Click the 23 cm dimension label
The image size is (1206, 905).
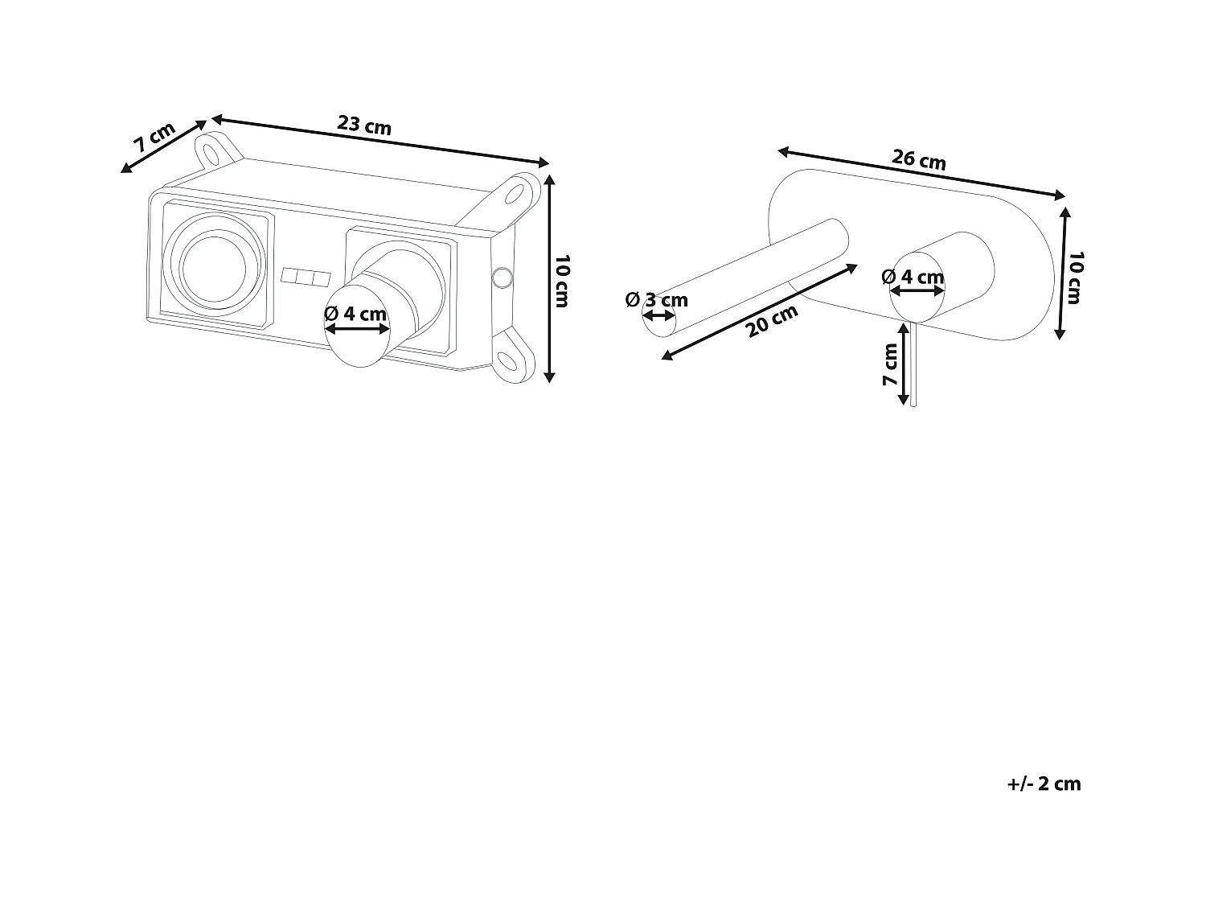click(x=364, y=125)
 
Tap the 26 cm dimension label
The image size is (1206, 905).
click(x=918, y=159)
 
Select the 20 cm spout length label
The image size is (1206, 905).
click(x=772, y=321)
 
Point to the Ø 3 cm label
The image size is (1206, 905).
click(x=657, y=300)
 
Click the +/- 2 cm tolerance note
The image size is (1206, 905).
click(x=1044, y=784)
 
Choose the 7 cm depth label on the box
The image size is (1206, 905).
click(x=154, y=138)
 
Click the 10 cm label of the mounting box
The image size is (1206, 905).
click(x=562, y=281)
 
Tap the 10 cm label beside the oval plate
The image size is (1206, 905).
click(x=1074, y=277)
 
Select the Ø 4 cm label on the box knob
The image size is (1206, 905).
click(x=355, y=314)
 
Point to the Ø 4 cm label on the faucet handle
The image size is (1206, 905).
click(x=913, y=277)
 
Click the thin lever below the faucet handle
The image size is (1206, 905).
click(x=912, y=362)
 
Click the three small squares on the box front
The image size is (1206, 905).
click(x=306, y=277)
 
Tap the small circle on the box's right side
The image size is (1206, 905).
click(x=503, y=278)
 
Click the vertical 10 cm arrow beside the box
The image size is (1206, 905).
click(x=550, y=278)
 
